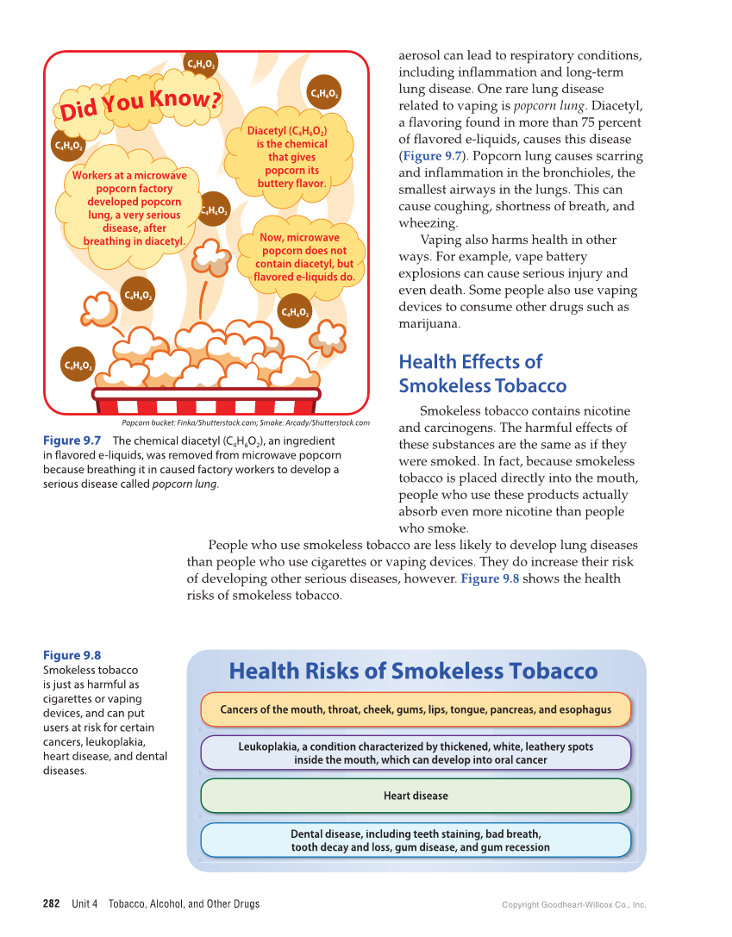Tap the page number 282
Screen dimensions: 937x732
tap(52, 903)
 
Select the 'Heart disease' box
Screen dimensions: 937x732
tap(416, 796)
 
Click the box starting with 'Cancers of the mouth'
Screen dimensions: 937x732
tap(416, 709)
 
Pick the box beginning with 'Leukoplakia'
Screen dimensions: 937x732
tap(416, 753)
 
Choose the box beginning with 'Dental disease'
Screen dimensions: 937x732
tap(416, 840)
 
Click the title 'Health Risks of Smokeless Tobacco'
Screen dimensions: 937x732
tap(413, 672)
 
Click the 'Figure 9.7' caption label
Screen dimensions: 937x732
tap(72, 440)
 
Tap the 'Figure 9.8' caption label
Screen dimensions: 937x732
tap(72, 655)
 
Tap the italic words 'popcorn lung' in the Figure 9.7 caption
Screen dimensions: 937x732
tap(185, 484)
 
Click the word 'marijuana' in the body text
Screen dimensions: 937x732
tap(429, 324)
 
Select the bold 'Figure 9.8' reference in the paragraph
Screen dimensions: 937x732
tap(490, 578)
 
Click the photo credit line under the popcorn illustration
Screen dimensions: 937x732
tap(245, 423)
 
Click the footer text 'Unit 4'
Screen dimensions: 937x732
tap(84, 903)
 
